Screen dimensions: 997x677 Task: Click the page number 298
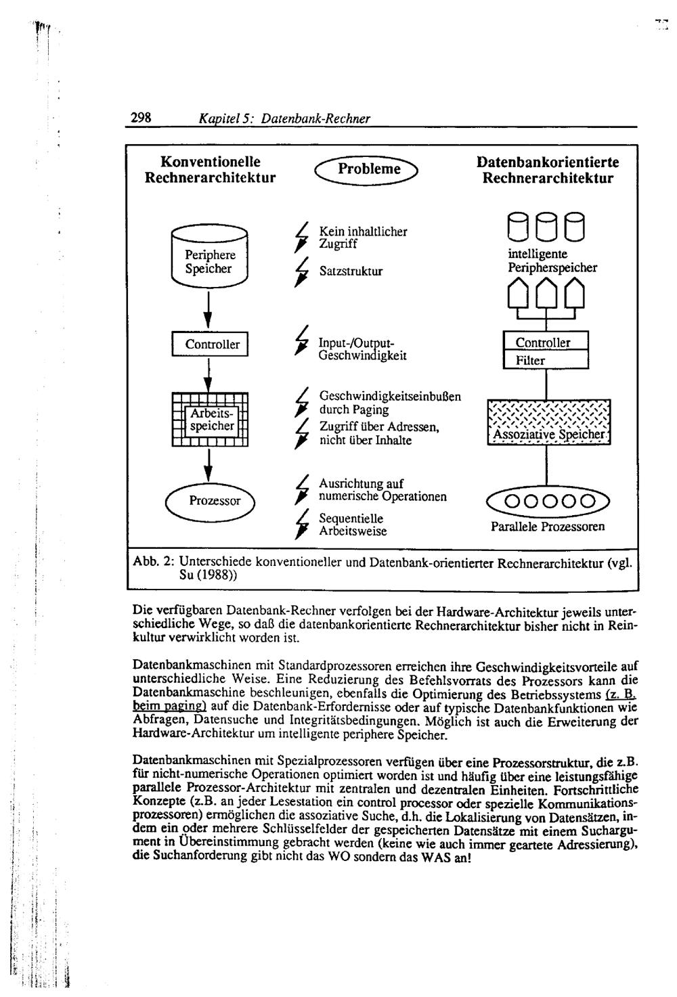141,117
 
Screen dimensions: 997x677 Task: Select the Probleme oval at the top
369,170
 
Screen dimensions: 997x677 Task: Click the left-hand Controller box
211,344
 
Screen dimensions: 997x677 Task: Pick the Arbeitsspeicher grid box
211,420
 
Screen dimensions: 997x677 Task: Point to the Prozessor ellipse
211,501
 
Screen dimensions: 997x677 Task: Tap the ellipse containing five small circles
548,502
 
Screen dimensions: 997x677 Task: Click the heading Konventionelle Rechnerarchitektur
211,171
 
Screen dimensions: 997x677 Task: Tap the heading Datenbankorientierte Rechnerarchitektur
548,171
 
